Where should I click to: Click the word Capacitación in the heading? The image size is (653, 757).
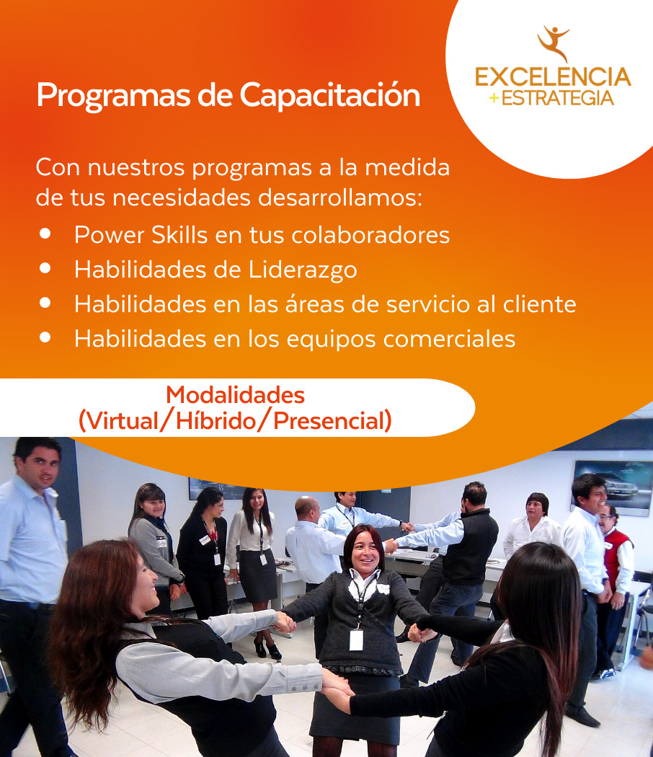[x=330, y=96]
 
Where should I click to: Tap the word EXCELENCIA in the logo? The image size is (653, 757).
[x=553, y=77]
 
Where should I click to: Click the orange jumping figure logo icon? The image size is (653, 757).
[x=554, y=43]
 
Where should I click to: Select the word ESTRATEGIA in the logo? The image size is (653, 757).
[x=557, y=98]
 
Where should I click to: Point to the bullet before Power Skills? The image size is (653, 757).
[x=45, y=234]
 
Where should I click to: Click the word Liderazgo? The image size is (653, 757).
[x=303, y=270]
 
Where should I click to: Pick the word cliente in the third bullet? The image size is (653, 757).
[x=540, y=304]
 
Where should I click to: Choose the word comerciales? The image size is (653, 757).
[x=449, y=339]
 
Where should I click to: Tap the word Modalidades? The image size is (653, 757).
[x=236, y=395]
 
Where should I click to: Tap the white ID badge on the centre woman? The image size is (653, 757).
[x=356, y=639]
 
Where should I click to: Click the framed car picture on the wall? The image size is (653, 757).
[x=611, y=486]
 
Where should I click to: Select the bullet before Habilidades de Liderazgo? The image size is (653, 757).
[x=45, y=268]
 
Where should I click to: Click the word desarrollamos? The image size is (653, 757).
[x=339, y=198]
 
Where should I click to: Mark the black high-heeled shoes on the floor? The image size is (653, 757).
[x=267, y=650]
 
